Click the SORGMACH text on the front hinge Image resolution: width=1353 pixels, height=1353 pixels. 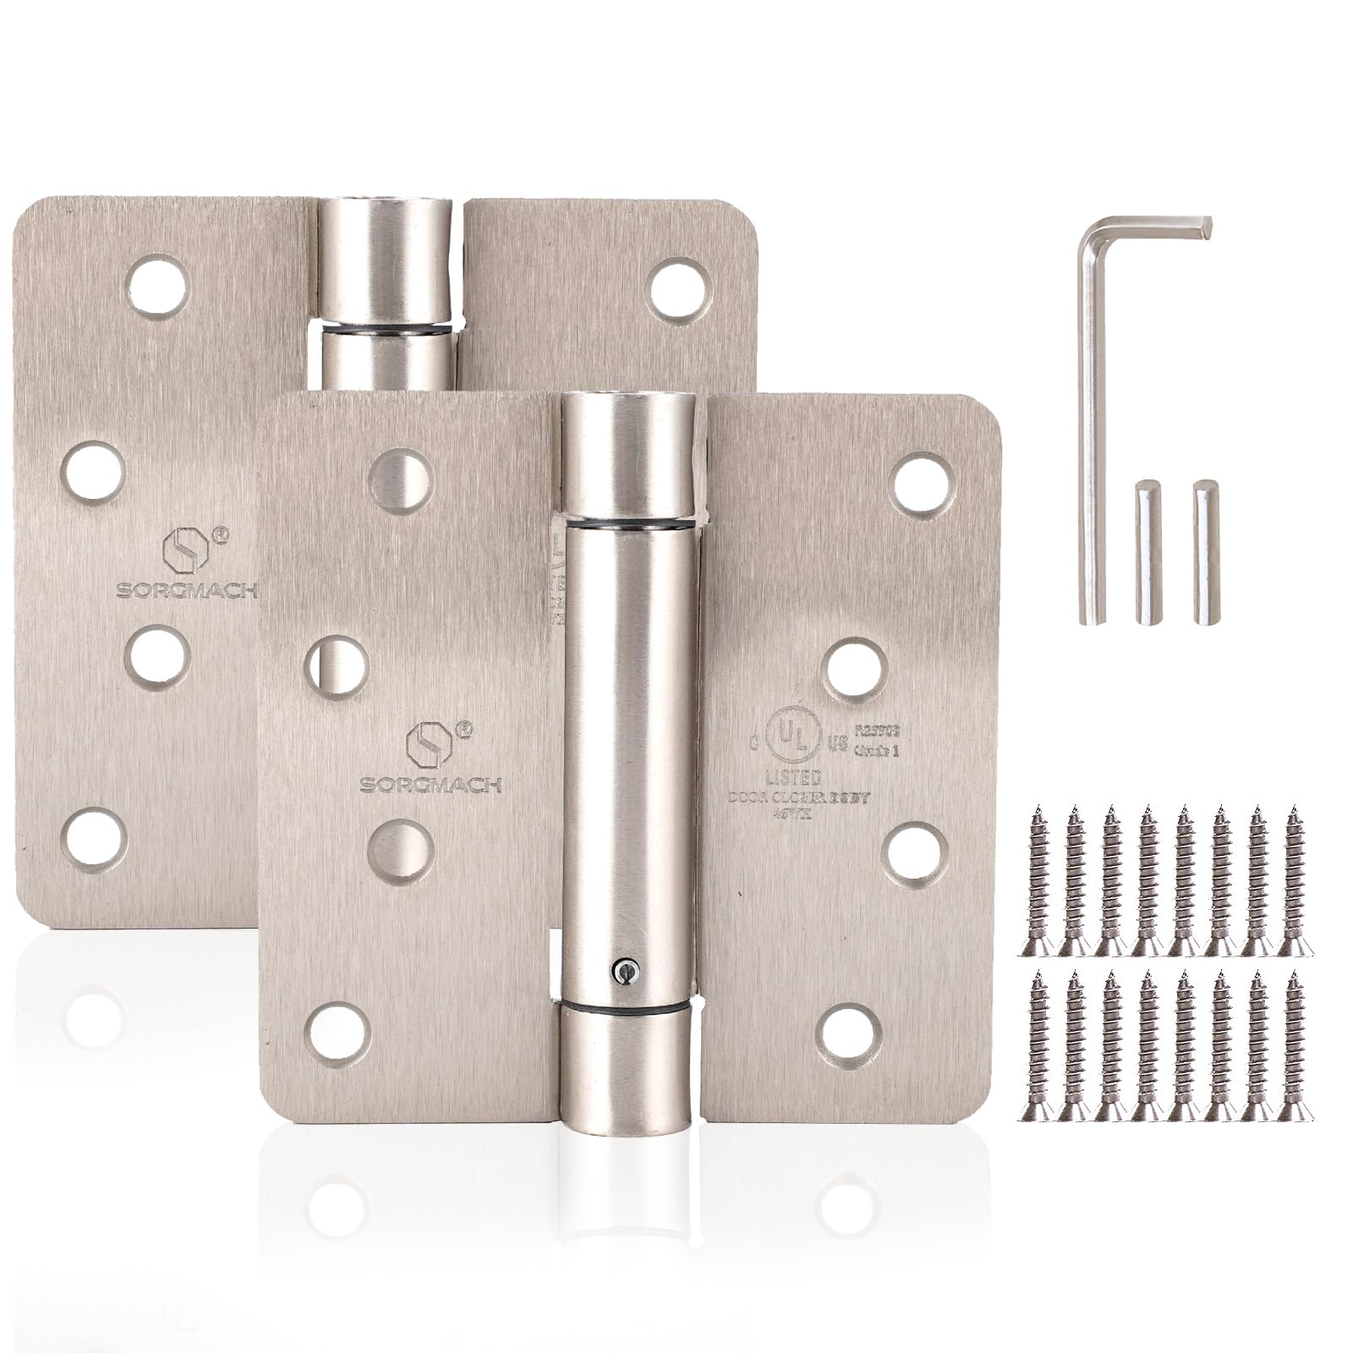tap(431, 785)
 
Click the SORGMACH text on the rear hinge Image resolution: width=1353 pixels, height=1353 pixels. tap(186, 590)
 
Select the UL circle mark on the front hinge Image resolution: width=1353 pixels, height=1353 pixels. tap(790, 742)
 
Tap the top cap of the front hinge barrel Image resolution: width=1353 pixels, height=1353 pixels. tap(628, 457)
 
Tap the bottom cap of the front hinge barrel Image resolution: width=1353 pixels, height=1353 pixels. tap(628, 1065)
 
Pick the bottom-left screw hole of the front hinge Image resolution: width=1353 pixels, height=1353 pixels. tap(337, 1034)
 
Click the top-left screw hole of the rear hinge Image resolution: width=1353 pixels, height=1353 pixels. tap(157, 286)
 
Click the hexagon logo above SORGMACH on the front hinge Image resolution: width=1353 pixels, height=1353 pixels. tap(425, 743)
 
